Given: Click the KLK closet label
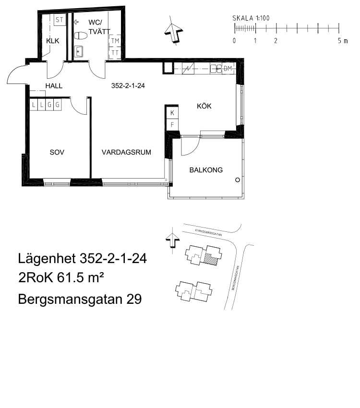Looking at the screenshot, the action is [x=52, y=41].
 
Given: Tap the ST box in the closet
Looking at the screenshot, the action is [x=60, y=20].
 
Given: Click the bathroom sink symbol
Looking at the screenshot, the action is [x=78, y=51].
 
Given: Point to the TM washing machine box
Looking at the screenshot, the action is [x=115, y=41].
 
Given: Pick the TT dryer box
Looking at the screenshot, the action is [x=115, y=53].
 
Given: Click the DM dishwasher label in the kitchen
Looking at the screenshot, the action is [x=228, y=69].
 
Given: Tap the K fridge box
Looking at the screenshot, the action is [x=172, y=113].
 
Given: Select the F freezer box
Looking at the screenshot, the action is [x=172, y=125].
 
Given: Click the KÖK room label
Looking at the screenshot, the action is [x=204, y=106].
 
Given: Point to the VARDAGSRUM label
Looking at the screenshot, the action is [x=126, y=152].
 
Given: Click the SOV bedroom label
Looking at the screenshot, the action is [x=57, y=152].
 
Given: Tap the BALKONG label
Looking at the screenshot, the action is [x=206, y=170].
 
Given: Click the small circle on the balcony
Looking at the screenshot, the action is [x=238, y=180].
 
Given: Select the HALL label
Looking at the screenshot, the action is [x=54, y=86].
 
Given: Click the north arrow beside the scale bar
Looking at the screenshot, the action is [x=173, y=32].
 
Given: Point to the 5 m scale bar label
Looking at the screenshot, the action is [x=343, y=41].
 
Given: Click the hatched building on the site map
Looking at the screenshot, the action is [x=211, y=260].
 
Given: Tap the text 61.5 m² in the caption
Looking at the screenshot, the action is [x=80, y=277].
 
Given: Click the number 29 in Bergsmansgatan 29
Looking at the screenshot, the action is [x=134, y=299].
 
